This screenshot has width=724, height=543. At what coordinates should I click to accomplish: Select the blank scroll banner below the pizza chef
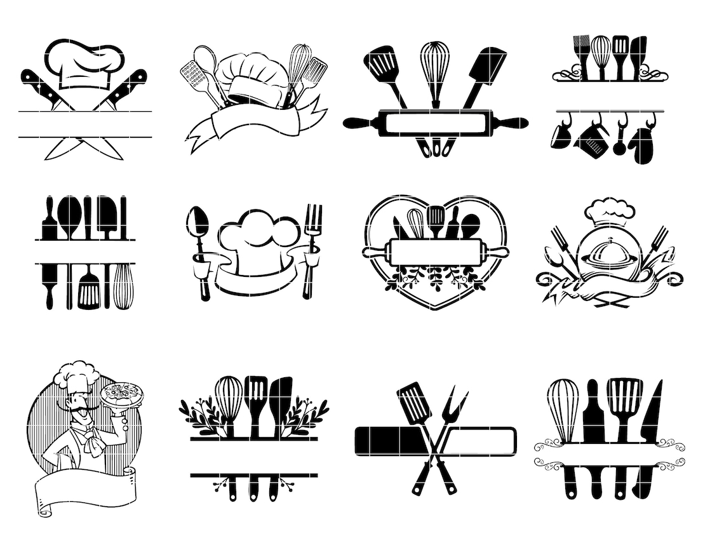(x=86, y=489)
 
